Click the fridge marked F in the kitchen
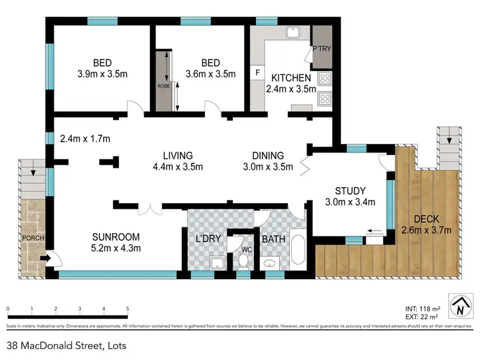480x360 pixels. (257, 72)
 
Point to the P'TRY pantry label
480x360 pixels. (319, 49)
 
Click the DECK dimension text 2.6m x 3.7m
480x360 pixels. (426, 231)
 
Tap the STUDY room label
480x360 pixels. (349, 191)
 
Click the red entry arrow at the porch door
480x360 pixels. (46, 259)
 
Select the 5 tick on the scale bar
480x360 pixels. (128, 309)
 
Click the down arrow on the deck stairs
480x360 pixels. (450, 140)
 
